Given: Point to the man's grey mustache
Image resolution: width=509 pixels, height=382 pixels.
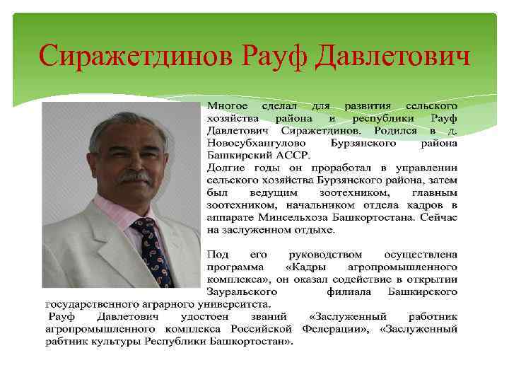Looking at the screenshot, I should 134,175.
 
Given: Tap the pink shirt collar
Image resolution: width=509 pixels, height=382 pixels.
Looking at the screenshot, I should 117,212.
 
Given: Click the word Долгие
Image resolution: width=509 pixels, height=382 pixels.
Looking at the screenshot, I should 226,168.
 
